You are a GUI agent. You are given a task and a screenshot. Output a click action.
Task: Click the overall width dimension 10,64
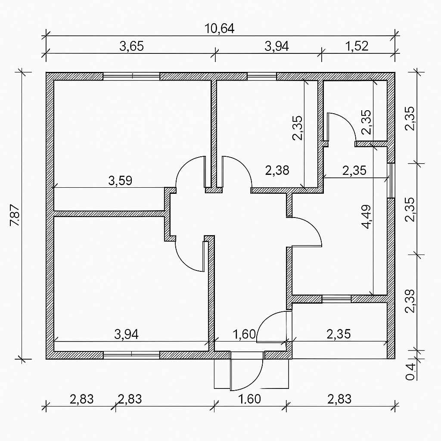click(x=219, y=29)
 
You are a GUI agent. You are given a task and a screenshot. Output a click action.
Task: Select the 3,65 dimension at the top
click(x=132, y=46)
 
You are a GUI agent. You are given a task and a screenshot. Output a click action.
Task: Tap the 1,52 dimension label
click(x=356, y=46)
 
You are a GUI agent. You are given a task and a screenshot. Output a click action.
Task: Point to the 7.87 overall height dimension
click(x=15, y=215)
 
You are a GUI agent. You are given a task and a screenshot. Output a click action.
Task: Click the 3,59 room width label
click(x=120, y=180)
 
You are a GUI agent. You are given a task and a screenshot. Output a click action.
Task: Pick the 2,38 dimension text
click(x=277, y=170)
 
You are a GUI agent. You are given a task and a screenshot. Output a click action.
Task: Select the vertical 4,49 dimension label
click(x=367, y=217)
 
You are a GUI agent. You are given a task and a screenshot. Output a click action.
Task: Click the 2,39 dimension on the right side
click(x=410, y=301)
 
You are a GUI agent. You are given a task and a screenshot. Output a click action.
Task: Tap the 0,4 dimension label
click(x=410, y=372)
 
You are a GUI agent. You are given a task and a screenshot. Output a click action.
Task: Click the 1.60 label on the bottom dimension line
click(x=250, y=399)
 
